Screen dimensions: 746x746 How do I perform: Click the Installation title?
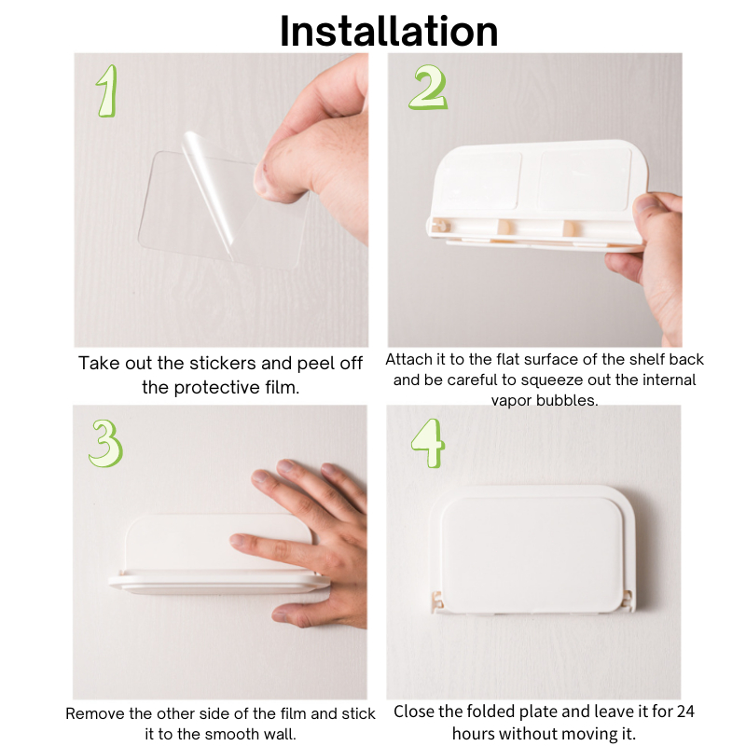tap(389, 31)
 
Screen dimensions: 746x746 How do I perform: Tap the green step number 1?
tap(107, 90)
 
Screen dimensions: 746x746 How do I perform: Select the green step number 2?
tap(428, 88)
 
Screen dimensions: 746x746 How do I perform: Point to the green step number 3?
tap(105, 443)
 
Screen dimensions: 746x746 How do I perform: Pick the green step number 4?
tap(428, 443)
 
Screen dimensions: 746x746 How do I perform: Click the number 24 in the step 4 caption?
tap(684, 711)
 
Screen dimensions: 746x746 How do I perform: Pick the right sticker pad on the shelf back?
tap(586, 179)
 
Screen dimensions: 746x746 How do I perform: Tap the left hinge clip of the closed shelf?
tap(436, 601)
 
